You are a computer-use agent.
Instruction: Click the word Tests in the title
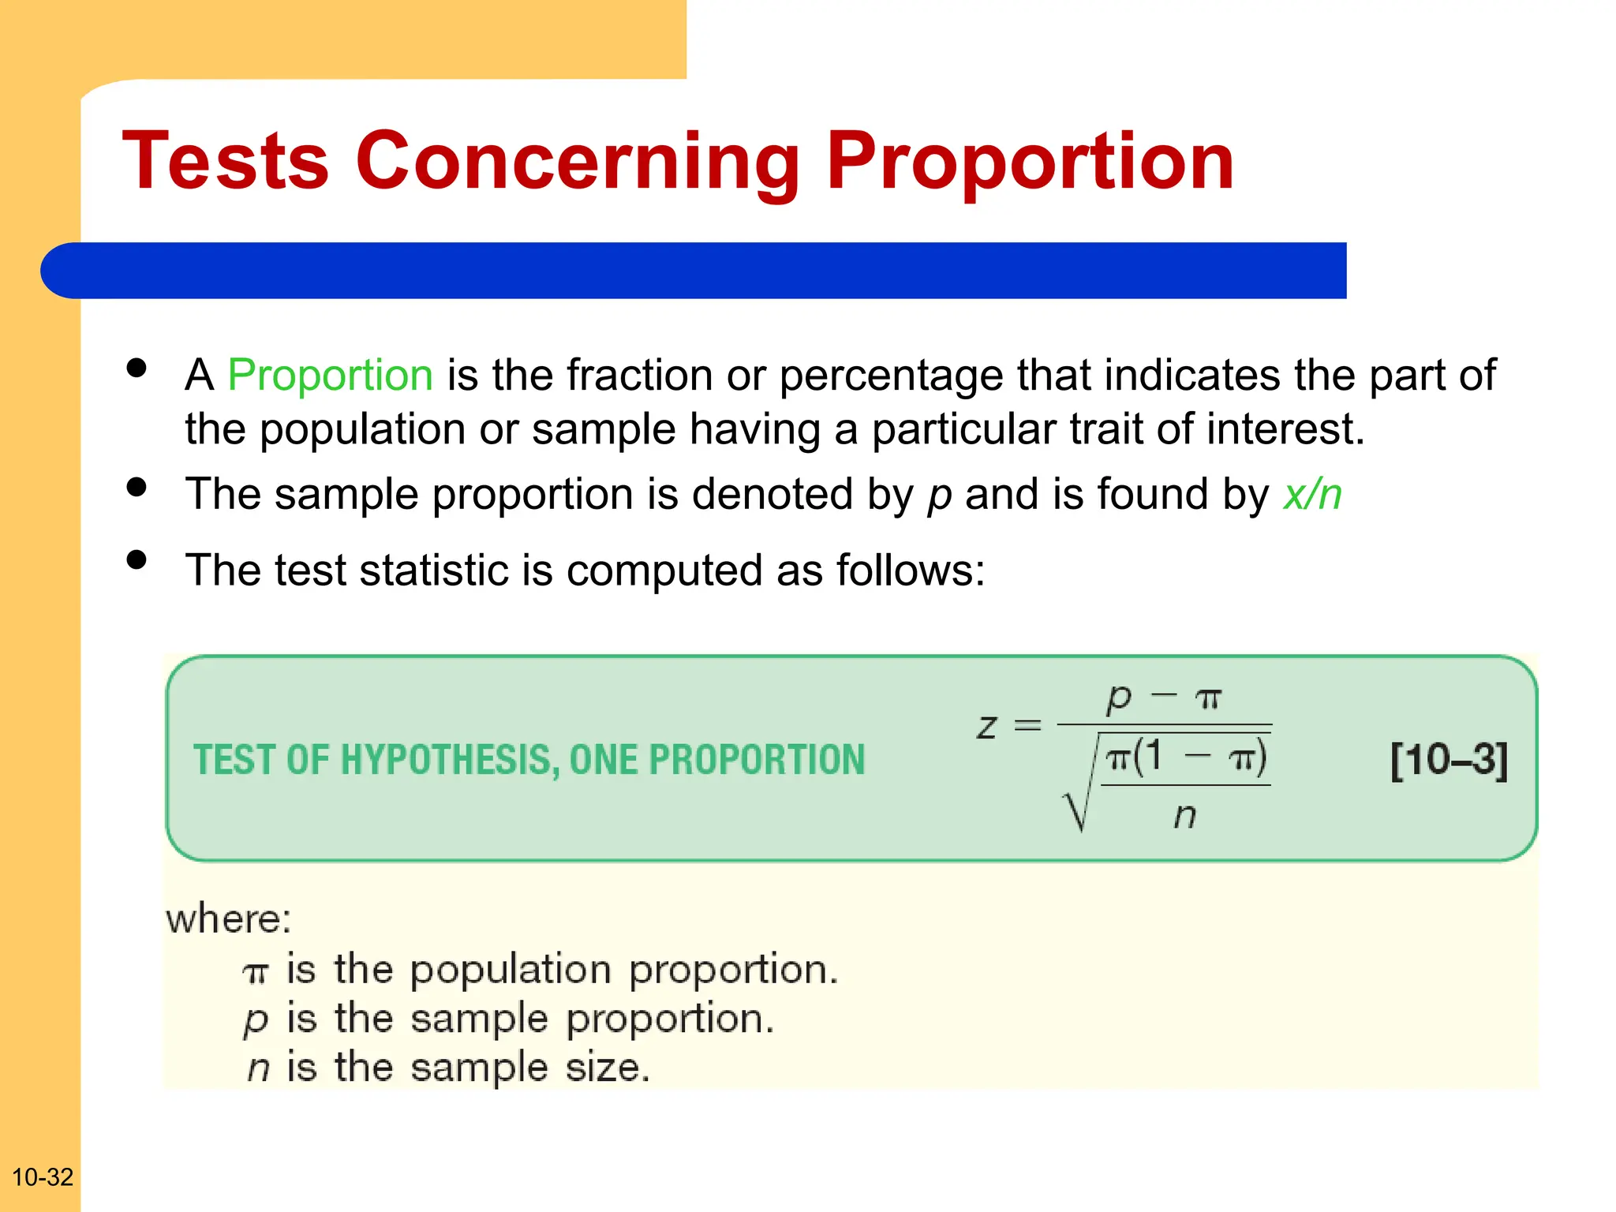tap(226, 162)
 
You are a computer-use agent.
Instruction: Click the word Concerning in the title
tap(578, 162)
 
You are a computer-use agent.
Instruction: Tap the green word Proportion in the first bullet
tap(330, 375)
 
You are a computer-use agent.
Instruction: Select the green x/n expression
tap(1312, 496)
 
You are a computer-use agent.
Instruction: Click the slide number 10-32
tap(43, 1177)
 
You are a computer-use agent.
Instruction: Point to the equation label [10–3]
tap(1449, 760)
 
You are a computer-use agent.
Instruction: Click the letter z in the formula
tap(987, 726)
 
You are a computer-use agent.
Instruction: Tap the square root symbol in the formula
tap(1078, 797)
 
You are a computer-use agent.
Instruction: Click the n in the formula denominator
tap(1184, 816)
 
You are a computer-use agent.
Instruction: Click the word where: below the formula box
tap(229, 919)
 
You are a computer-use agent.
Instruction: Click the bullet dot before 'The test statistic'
tap(137, 560)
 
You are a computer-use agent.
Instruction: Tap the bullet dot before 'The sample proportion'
tap(137, 487)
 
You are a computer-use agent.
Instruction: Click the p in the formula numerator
tap(1119, 698)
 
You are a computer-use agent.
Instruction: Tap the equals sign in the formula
tap(1027, 724)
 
